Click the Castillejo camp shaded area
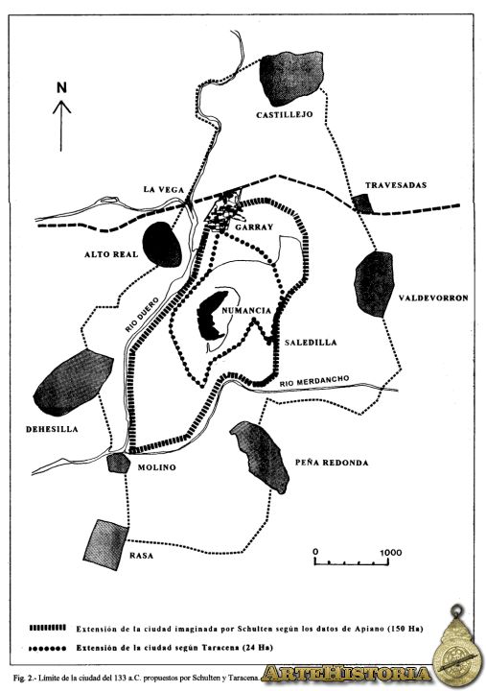(x=291, y=78)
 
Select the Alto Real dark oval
(x=162, y=244)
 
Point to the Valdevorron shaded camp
(x=374, y=284)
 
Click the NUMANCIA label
(x=246, y=310)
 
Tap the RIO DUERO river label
(x=141, y=314)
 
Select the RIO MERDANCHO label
(x=314, y=381)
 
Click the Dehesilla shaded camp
(x=73, y=382)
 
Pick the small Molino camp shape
(x=119, y=463)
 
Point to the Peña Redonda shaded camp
(x=260, y=457)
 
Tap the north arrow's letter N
(x=61, y=87)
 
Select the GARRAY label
(x=254, y=227)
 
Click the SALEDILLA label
(x=311, y=343)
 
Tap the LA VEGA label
(x=163, y=189)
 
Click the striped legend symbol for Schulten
(x=48, y=628)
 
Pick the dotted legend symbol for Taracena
(x=48, y=648)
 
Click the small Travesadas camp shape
(x=363, y=203)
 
